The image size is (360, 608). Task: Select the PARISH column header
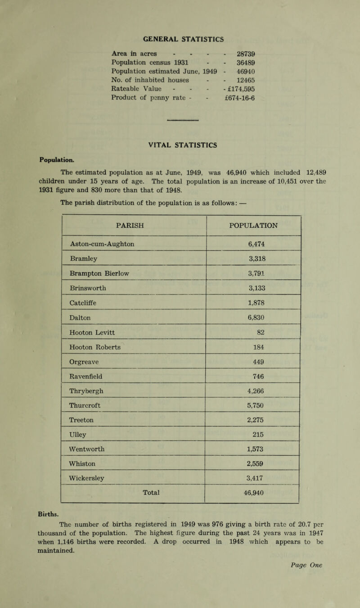(x=134, y=225)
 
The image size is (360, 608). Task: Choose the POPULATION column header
(x=252, y=225)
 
